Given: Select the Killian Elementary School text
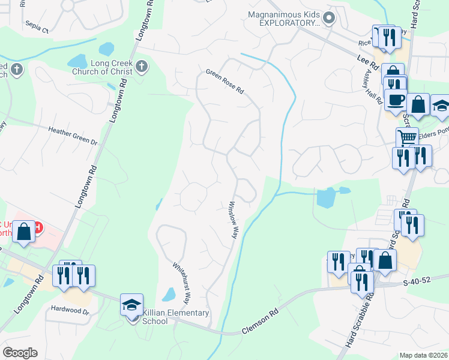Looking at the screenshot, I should (x=176, y=317).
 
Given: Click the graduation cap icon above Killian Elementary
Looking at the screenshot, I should (x=132, y=305).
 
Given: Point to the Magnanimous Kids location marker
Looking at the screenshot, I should (x=328, y=19).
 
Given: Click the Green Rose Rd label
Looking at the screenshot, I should (x=225, y=82).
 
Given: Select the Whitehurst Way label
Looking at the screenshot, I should (x=181, y=281).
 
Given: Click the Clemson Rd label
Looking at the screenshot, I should (x=262, y=322).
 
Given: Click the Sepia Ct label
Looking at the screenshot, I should (x=37, y=28).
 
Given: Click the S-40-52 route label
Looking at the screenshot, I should (x=418, y=281).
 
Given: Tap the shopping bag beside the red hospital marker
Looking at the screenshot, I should (x=23, y=233).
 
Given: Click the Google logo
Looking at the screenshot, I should (x=20, y=353).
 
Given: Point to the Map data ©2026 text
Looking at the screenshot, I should (x=423, y=355).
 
